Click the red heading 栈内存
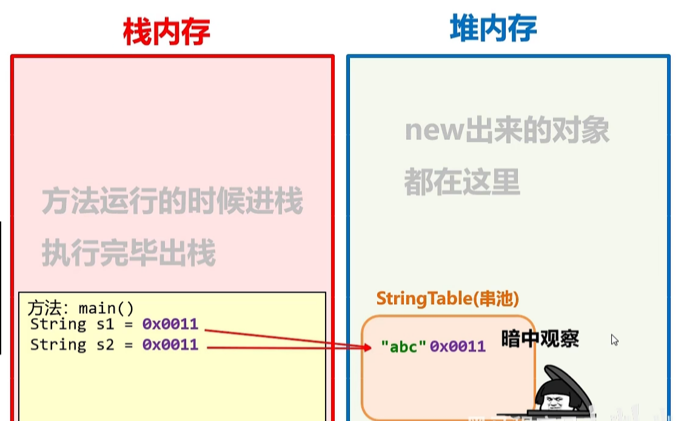click(x=167, y=31)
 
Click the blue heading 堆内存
click(x=493, y=28)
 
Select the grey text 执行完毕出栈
click(x=129, y=253)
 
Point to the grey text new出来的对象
click(x=507, y=131)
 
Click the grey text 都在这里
click(x=462, y=182)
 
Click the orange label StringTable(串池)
click(x=448, y=299)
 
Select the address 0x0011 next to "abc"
click(x=458, y=346)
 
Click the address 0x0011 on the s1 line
click(x=170, y=324)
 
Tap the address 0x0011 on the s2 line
click(x=170, y=345)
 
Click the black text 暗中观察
click(x=540, y=339)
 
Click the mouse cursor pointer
click(x=614, y=340)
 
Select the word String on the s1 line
click(x=58, y=324)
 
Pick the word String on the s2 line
click(x=58, y=345)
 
